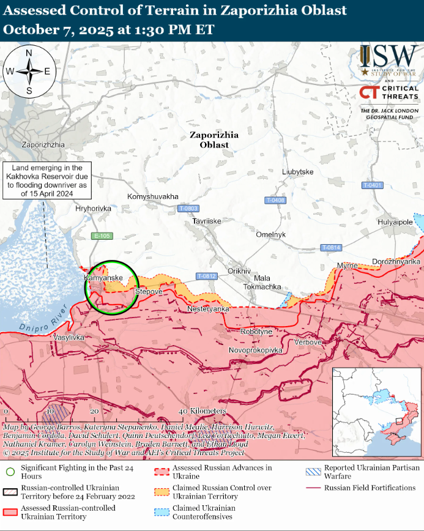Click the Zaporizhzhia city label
point(43,145)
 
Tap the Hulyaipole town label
point(396,221)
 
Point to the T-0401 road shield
point(372,185)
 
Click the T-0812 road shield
point(207,276)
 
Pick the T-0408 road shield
point(276,200)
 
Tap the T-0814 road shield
point(331,247)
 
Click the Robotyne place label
point(257,331)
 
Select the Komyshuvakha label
point(153,196)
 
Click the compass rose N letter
point(29,53)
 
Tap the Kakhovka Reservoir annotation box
point(46,180)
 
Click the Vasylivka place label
point(69,337)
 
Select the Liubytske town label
point(298,172)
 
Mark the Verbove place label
point(308,342)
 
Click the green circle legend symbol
point(10,472)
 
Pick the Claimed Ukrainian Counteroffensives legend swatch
point(162,512)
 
